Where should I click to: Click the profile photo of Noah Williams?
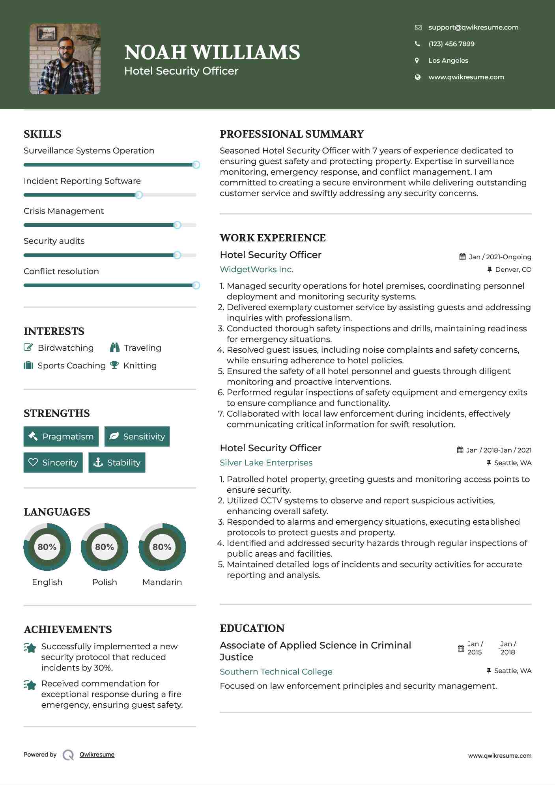coord(65,59)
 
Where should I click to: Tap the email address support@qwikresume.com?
coord(473,27)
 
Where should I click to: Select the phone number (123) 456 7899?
coord(451,44)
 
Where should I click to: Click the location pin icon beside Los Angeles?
coord(417,60)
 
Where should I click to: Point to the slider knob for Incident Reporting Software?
coord(139,195)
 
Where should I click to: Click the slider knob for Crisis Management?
coord(177,225)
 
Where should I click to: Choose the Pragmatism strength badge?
coord(61,436)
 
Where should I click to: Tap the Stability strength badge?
coord(117,462)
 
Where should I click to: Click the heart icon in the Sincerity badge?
coord(33,462)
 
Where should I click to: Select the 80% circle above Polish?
coord(105,547)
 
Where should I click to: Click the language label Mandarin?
coord(162,582)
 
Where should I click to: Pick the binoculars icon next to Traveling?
coord(115,347)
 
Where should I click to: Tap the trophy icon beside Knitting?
coord(114,365)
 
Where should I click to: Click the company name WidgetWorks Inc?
coord(256,269)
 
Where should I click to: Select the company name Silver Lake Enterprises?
coord(266,463)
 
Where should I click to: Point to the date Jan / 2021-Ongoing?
coord(500,257)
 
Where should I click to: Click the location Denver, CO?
coord(513,269)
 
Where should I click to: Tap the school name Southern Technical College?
coord(276,671)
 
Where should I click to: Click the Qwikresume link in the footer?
coord(97,754)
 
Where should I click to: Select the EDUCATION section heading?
coord(252,628)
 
